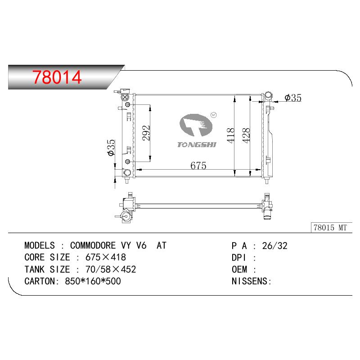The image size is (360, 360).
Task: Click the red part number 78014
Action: [x=57, y=77]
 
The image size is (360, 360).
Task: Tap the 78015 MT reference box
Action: [x=331, y=228]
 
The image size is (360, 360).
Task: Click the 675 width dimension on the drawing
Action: [x=198, y=166]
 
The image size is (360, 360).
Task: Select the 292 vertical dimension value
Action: [x=146, y=133]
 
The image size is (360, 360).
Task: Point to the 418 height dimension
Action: [x=231, y=135]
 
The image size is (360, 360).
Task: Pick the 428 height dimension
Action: [x=246, y=135]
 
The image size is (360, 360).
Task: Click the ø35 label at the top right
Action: [x=293, y=98]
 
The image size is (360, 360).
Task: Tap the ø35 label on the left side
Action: [x=111, y=148]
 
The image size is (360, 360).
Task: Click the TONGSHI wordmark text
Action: [x=197, y=144]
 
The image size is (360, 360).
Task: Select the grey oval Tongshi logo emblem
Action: [x=196, y=125]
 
